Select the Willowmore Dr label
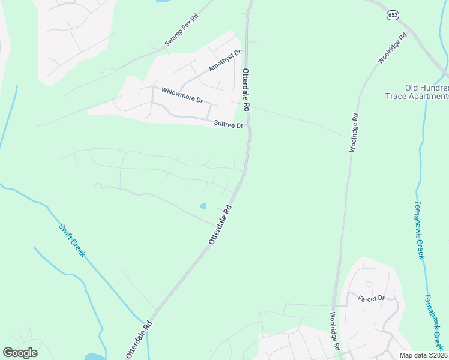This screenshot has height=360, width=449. (182, 95)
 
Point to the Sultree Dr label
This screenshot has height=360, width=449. (229, 125)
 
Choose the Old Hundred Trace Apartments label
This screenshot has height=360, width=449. (426, 92)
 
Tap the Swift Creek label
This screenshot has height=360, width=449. (72, 240)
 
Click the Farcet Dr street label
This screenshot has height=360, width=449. (370, 298)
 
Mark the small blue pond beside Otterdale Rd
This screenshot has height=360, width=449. (203, 206)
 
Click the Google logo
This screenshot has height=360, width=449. (20, 353)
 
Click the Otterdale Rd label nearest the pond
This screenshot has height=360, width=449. (220, 225)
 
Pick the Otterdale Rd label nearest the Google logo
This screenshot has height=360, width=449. (139, 340)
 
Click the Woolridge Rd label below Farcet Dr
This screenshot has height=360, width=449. (334, 330)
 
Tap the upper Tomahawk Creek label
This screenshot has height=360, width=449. (420, 230)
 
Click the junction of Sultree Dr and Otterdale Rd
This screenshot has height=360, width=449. (250, 128)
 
